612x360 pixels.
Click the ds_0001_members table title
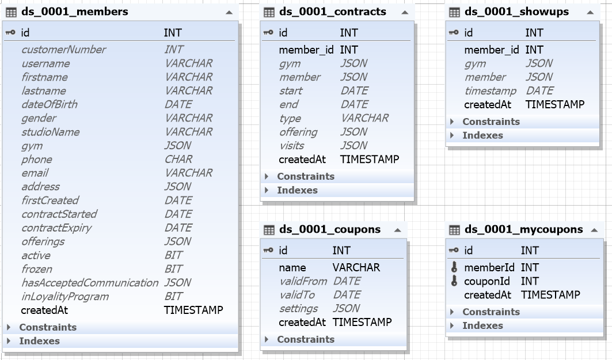pyautogui.click(x=74, y=12)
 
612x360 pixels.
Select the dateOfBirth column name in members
pyautogui.click(x=49, y=104)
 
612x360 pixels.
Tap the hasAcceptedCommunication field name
pyautogui.click(x=90, y=282)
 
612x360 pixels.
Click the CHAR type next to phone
pyautogui.click(x=178, y=160)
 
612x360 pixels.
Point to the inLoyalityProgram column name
pyautogui.click(x=65, y=297)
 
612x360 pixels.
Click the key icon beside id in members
pyautogui.click(x=10, y=32)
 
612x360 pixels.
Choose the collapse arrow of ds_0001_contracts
pyautogui.click(x=405, y=12)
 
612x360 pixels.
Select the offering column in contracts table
pyautogui.click(x=298, y=132)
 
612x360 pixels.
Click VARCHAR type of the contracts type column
pyautogui.click(x=364, y=118)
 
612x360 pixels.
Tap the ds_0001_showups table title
pyautogui.click(x=517, y=12)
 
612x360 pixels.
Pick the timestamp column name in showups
pyautogui.click(x=490, y=90)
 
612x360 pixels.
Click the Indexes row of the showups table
pyautogui.click(x=482, y=135)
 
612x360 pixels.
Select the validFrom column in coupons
pyautogui.click(x=303, y=281)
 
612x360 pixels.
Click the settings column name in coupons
pyautogui.click(x=298, y=309)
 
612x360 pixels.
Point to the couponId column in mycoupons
pyautogui.click(x=486, y=281)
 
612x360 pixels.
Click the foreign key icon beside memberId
pyautogui.click(x=454, y=267)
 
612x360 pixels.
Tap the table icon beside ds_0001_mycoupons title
pyautogui.click(x=454, y=230)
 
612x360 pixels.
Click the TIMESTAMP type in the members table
pyautogui.click(x=193, y=310)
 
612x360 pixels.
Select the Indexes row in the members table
pyautogui.click(x=39, y=341)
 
